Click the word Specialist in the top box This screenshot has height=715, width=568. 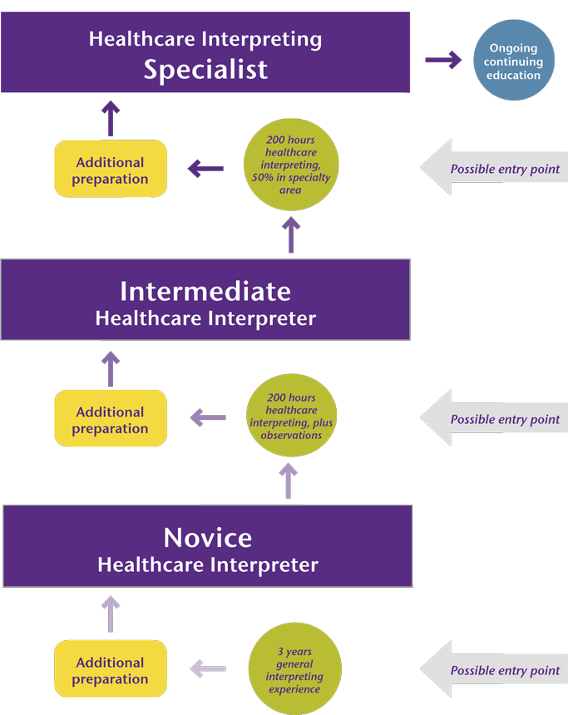(205, 69)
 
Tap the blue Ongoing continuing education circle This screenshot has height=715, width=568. (513, 62)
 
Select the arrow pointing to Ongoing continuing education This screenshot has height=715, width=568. (443, 60)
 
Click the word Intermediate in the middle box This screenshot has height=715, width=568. (205, 291)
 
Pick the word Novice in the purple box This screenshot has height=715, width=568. (207, 537)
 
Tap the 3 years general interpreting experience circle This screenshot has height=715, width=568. (294, 668)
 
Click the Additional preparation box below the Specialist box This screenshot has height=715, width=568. (111, 170)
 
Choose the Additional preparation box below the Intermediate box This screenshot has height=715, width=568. (111, 420)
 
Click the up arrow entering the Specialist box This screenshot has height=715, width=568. (111, 117)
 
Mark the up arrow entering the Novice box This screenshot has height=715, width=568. (111, 614)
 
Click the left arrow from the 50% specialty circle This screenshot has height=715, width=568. (205, 169)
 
